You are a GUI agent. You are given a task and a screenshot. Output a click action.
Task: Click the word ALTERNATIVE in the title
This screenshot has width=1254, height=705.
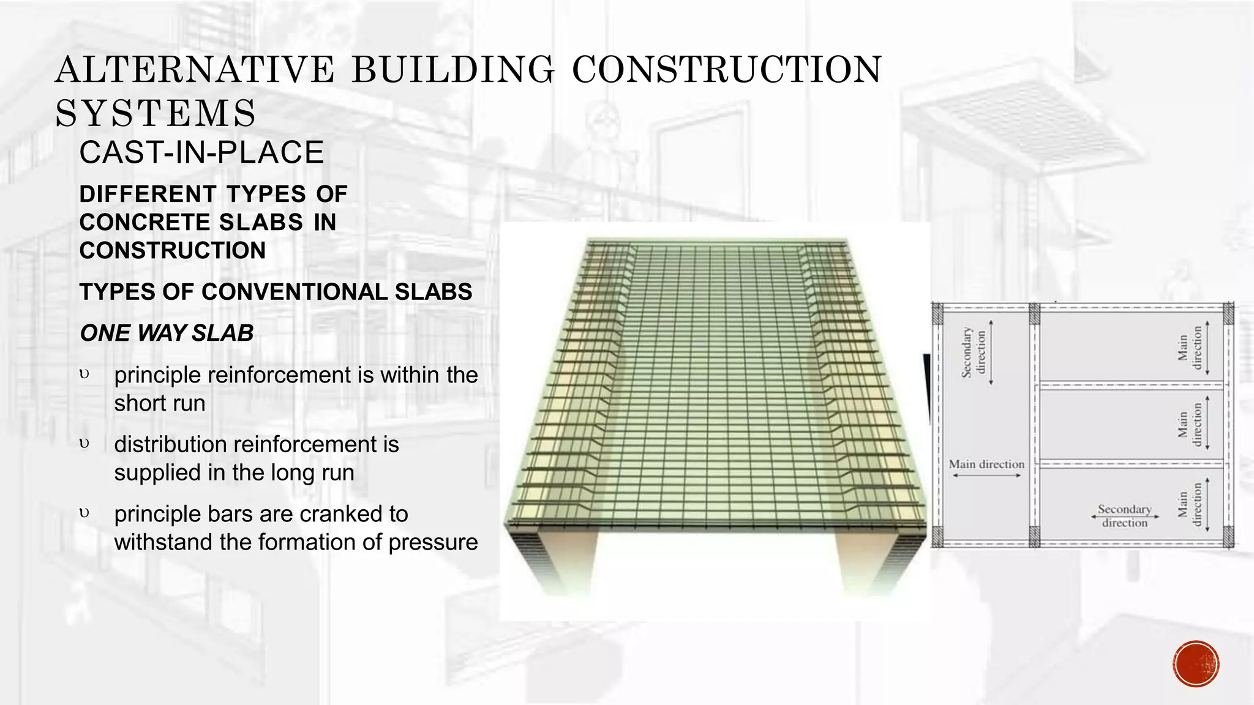click(195, 69)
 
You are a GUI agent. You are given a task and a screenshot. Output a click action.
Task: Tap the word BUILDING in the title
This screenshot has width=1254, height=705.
click(452, 69)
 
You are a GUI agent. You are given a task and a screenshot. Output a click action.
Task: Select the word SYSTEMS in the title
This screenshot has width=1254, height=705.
click(156, 113)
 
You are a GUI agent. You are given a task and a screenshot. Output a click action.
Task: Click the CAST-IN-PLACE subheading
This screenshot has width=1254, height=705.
click(201, 152)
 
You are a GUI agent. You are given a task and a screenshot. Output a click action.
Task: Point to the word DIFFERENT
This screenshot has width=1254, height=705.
click(148, 194)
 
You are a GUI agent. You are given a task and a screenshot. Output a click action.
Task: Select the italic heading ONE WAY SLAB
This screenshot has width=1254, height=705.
click(167, 333)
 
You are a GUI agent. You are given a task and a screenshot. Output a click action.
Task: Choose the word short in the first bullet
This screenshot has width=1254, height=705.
click(135, 403)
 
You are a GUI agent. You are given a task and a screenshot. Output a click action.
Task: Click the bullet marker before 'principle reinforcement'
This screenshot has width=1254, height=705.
click(84, 374)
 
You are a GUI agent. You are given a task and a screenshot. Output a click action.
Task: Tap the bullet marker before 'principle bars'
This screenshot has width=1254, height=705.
click(84, 513)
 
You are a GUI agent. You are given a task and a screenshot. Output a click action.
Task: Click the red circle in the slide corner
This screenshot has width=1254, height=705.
click(1196, 664)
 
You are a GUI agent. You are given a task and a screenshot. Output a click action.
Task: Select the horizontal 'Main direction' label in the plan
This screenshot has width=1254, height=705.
click(986, 464)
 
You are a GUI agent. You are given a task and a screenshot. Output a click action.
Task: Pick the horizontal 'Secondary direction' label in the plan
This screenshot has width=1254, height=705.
click(1124, 515)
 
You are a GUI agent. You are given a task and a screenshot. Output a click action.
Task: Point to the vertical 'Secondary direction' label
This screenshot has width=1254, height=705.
click(974, 352)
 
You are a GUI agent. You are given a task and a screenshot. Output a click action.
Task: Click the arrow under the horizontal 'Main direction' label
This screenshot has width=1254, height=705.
click(986, 476)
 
